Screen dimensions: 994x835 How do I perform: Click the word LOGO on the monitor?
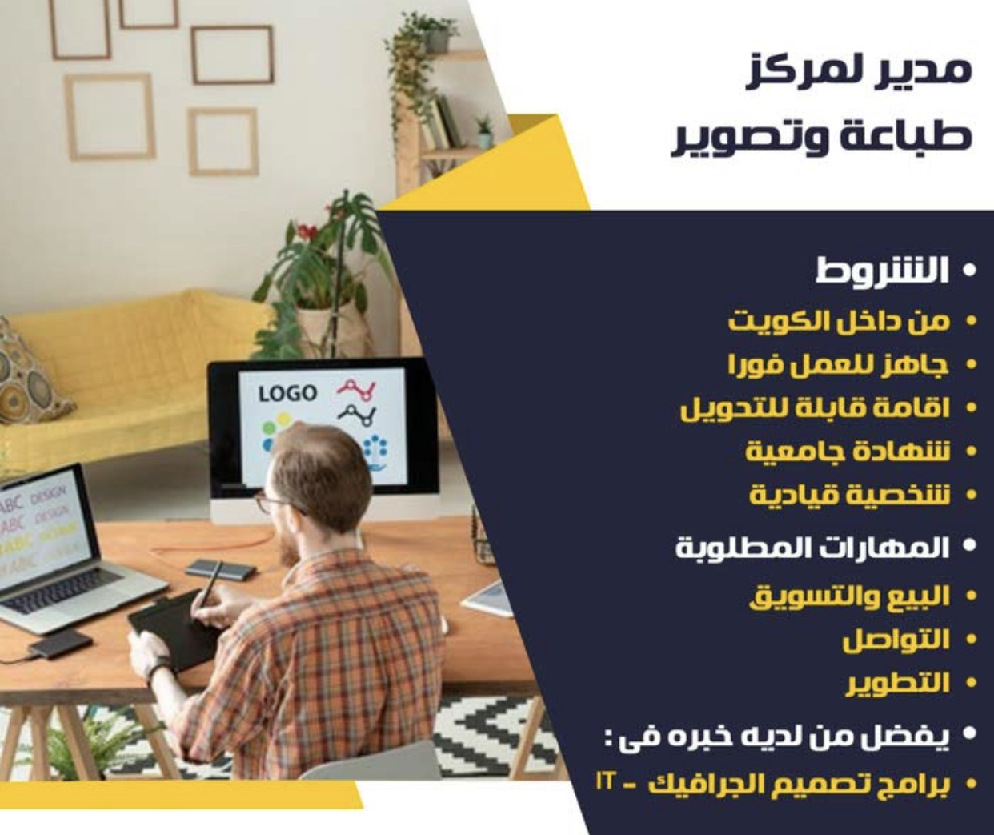coord(287,393)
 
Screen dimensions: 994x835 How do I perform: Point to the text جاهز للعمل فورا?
coord(839,365)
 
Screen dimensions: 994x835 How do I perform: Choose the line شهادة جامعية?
coord(848,451)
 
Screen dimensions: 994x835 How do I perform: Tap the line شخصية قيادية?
coord(849,495)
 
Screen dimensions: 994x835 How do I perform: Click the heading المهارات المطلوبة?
coord(812,548)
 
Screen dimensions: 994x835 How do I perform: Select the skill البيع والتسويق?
coord(849,597)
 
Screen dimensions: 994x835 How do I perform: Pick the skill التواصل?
coord(896,640)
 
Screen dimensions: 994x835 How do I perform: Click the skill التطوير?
coord(897,684)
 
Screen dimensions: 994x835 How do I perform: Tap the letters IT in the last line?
coord(603,781)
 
